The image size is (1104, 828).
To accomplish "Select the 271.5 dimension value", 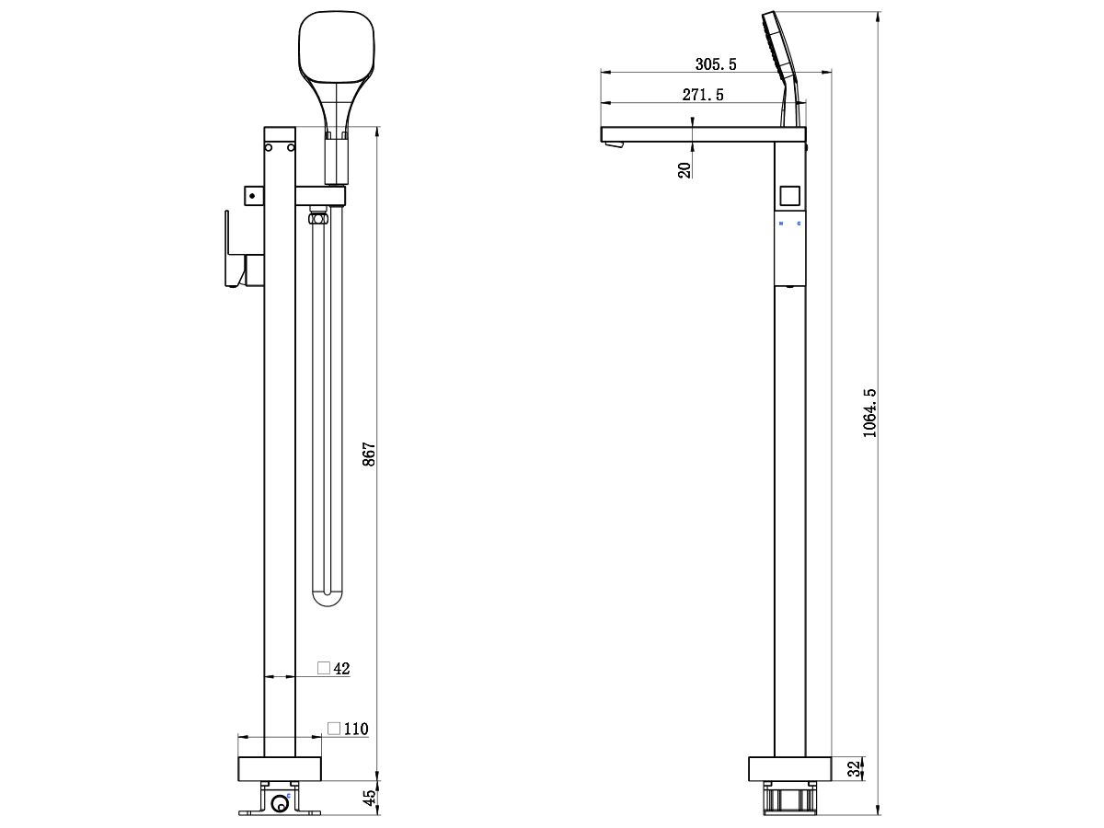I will pyautogui.click(x=703, y=95).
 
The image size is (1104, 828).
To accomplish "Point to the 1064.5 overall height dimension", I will pyautogui.click(x=870, y=412).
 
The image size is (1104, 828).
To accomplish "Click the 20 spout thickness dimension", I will pyautogui.click(x=684, y=168).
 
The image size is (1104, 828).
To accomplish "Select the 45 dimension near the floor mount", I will pyautogui.click(x=369, y=798).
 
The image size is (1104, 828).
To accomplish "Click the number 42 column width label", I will pyautogui.click(x=341, y=669).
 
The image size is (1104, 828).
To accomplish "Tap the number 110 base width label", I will pyautogui.click(x=355, y=729).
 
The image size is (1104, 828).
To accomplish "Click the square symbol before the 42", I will pyautogui.click(x=324, y=669).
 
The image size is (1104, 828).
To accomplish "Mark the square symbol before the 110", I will pyautogui.click(x=334, y=729).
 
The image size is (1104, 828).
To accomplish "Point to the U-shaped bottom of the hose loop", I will pyautogui.click(x=327, y=600).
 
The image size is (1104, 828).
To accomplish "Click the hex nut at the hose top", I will pyautogui.click(x=319, y=219).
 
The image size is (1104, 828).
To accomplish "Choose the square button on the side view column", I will pyautogui.click(x=788, y=195).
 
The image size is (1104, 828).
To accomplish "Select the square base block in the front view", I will pyautogui.click(x=280, y=769).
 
